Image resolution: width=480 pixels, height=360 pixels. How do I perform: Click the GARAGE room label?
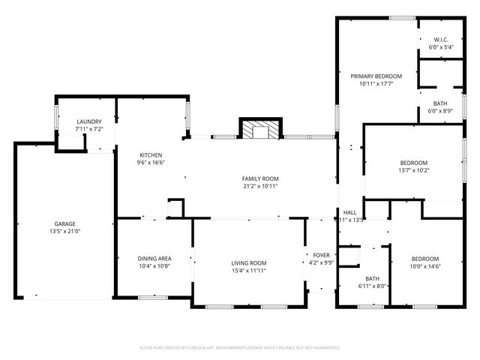64,223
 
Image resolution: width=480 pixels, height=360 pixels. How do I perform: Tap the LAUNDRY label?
89,122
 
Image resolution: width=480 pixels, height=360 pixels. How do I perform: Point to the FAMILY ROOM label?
260,178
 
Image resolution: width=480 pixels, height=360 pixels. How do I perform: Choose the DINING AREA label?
154,259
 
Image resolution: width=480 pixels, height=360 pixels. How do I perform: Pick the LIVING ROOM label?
248,263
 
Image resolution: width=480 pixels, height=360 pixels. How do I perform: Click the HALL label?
349,212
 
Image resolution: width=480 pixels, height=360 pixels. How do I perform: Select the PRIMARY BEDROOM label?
376,76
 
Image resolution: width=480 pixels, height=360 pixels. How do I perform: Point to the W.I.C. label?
439,40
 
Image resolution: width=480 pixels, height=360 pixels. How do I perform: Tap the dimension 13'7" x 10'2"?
413,170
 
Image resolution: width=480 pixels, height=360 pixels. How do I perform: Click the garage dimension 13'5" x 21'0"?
64,231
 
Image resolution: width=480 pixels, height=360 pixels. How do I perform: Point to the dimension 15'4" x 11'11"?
248,270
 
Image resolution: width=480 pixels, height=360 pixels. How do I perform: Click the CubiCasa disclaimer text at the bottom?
240,348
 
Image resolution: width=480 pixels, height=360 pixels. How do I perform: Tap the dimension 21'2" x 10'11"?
260,186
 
